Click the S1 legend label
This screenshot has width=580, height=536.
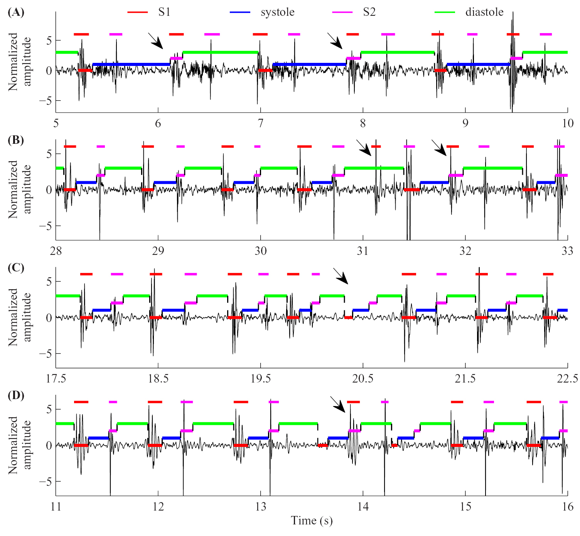point(164,12)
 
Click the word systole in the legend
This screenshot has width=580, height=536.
point(277,12)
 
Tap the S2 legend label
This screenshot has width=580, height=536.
point(369,12)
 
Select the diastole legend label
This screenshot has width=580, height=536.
point(484,12)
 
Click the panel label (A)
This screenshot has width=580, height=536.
point(16,12)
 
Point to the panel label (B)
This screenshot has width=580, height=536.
point(16,140)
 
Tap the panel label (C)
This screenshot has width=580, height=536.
point(16,268)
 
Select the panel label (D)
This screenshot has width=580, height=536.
point(16,396)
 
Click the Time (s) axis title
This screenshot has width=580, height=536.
point(312,521)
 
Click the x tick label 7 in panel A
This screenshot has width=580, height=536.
point(261,123)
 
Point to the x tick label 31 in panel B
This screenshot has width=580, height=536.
point(362,251)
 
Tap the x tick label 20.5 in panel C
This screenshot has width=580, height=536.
point(362,379)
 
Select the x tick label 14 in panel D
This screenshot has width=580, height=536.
point(362,506)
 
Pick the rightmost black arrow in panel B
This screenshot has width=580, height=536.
point(439,148)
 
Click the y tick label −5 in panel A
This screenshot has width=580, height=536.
point(45,101)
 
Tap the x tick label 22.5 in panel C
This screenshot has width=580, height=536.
point(567,379)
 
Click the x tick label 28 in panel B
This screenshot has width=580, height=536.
point(56,251)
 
